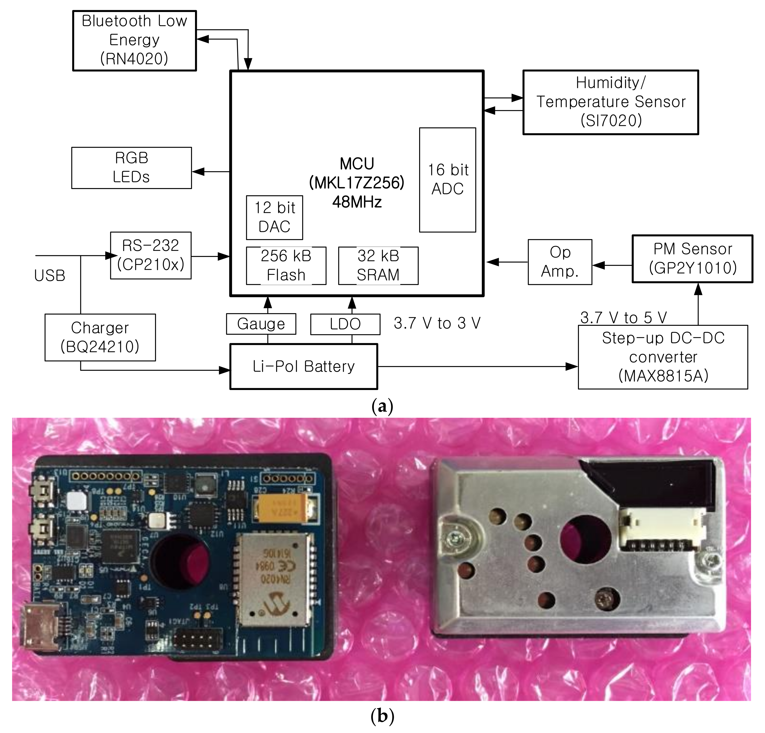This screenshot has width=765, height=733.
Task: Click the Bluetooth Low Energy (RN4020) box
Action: click(x=134, y=40)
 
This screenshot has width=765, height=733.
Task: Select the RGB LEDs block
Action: click(x=132, y=168)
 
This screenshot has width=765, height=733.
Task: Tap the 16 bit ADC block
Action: click(x=447, y=180)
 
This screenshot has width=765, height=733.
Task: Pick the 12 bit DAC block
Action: click(x=274, y=217)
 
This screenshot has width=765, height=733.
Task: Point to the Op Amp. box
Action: click(x=560, y=262)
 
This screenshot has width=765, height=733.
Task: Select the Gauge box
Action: click(x=261, y=324)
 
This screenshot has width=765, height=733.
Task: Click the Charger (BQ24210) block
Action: click(x=100, y=337)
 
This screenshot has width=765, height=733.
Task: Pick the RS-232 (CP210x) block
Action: click(x=151, y=255)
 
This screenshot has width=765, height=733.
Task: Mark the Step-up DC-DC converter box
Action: click(x=663, y=357)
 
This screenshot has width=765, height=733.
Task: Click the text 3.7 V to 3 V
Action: click(x=437, y=323)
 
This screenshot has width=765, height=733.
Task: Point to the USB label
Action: click(x=50, y=276)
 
